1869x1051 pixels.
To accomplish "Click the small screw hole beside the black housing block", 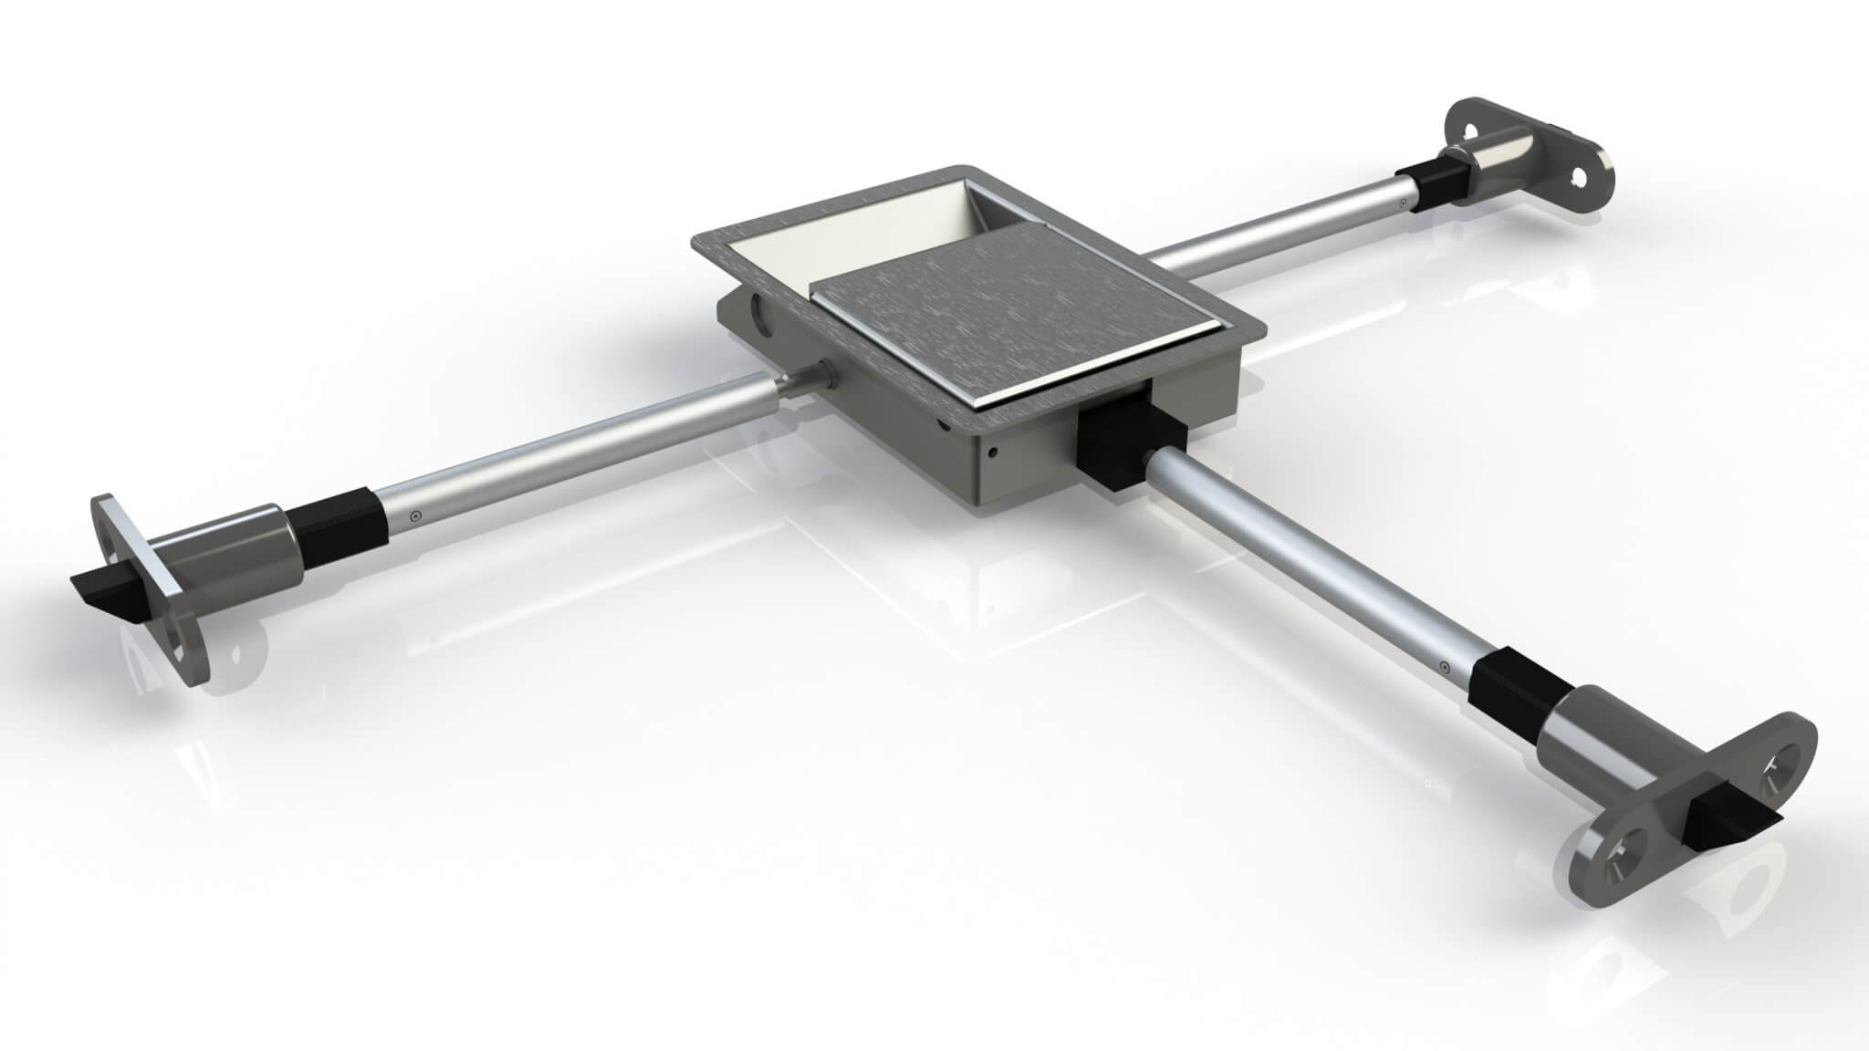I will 995,452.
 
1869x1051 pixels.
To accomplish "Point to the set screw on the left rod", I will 416,515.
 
